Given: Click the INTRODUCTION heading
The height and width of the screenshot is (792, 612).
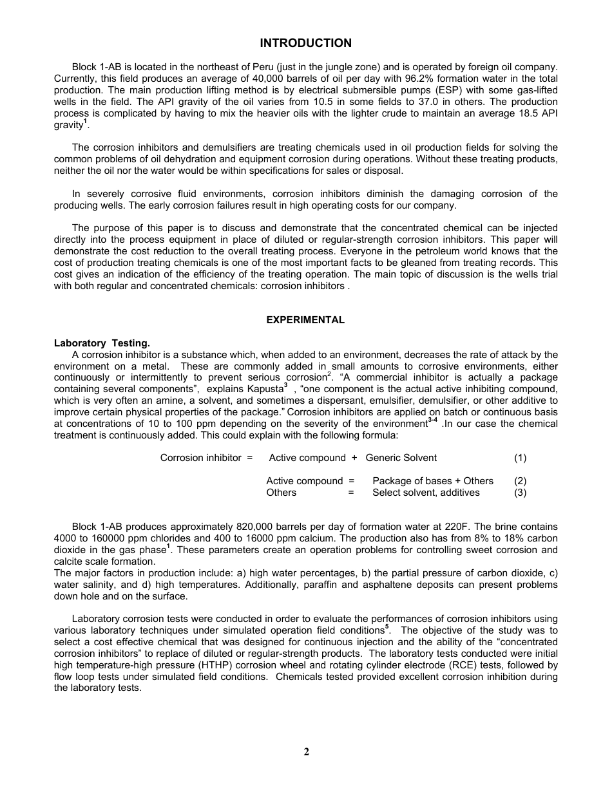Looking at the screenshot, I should click(x=305, y=43).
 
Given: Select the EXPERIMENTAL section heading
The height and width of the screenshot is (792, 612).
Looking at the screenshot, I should click(x=305, y=320).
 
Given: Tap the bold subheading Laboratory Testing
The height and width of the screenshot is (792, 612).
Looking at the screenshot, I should click(x=102, y=343).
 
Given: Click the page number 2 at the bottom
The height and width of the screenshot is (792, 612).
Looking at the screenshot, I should click(x=306, y=752).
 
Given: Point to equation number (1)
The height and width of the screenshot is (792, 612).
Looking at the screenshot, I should click(x=520, y=458).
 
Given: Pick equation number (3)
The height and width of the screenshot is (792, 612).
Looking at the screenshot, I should click(x=520, y=493).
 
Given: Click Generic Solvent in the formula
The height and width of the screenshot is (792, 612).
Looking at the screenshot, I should click(x=401, y=458).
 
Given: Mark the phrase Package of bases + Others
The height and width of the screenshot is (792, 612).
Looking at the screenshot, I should click(x=433, y=481).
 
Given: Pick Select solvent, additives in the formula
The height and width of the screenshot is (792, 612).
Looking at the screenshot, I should click(x=426, y=493).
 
